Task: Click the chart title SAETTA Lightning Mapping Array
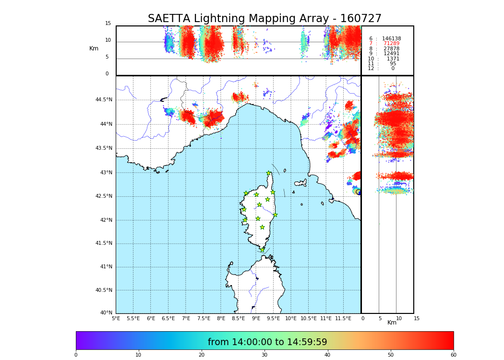(264, 19)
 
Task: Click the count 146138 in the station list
(391, 39)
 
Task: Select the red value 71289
(391, 44)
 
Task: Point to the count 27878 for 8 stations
(391, 49)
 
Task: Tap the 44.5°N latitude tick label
(104, 100)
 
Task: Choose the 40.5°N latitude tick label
(104, 290)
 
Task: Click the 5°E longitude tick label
(116, 318)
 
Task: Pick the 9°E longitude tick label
(256, 318)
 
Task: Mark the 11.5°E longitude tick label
(344, 318)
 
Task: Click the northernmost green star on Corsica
(269, 173)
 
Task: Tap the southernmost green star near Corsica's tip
(262, 250)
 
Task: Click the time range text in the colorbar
(267, 342)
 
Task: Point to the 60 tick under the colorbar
(454, 355)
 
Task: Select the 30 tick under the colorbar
(264, 355)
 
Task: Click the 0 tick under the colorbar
(76, 355)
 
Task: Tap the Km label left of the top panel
(94, 48)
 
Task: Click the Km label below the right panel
(392, 323)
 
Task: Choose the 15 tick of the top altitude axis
(108, 24)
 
